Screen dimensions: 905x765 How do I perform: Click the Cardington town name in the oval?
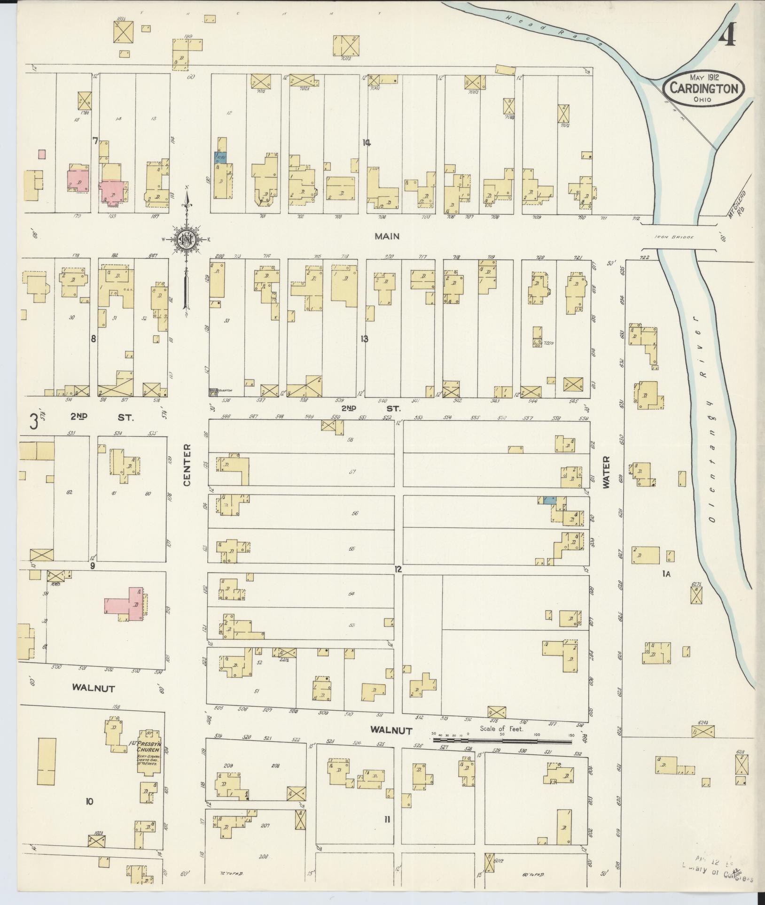click(703, 88)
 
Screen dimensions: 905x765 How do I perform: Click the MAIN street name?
click(387, 237)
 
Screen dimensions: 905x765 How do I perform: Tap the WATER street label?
click(606, 472)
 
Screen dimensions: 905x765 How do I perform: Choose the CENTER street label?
click(187, 465)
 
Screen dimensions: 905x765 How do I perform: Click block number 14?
click(367, 143)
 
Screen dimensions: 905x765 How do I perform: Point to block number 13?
click(364, 339)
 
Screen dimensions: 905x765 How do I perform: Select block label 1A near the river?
click(665, 573)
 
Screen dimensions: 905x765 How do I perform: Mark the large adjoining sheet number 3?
click(34, 421)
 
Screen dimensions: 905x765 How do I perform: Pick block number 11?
click(387, 820)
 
